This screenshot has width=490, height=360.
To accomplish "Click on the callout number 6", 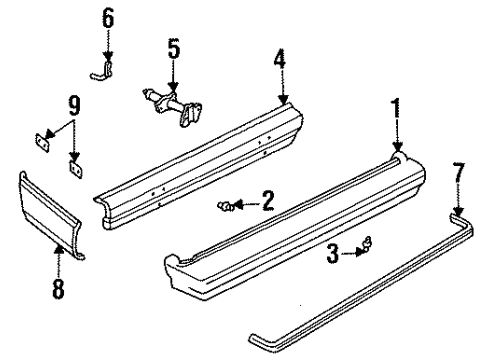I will coord(109,18).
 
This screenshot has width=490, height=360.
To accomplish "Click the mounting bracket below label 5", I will coord(174,104).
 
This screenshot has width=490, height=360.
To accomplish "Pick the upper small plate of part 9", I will coord(42,140).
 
